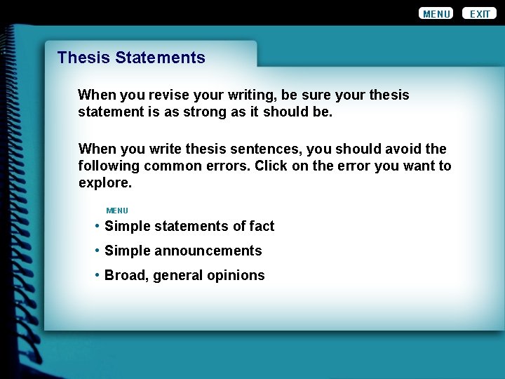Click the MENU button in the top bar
tap(436, 13)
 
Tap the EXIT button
tap(480, 13)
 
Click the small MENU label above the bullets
tap(117, 211)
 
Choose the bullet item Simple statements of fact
tap(189, 226)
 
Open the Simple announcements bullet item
tap(182, 251)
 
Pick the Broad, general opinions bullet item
tap(184, 275)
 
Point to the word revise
tap(163, 95)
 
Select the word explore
tap(104, 182)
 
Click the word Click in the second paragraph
tap(270, 166)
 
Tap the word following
tap(109, 166)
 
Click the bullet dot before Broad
tap(97, 275)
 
